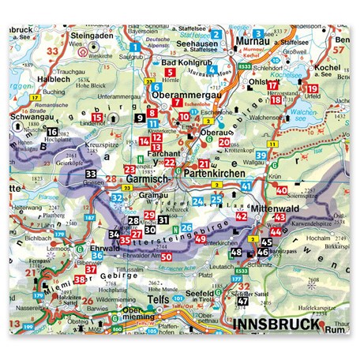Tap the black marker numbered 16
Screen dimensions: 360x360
(52, 132)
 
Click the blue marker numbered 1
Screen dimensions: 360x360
(136, 48)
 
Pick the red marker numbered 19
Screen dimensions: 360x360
(310, 88)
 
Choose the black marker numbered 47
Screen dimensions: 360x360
(243, 301)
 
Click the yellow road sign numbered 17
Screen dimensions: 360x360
(35, 96)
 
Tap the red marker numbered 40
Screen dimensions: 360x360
(282, 191)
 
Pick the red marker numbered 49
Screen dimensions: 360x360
(201, 238)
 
